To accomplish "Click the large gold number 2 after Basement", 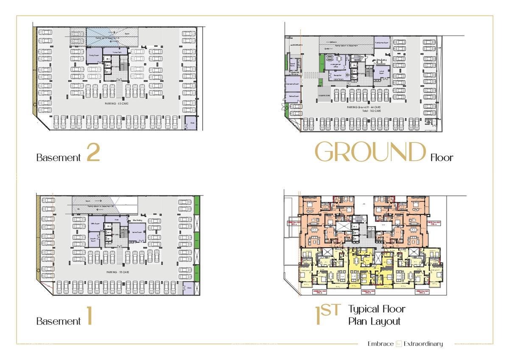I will coord(93,153).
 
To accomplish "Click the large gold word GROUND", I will coord(370,152).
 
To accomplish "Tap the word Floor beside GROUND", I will coord(442,158).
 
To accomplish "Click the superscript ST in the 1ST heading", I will coord(331,310).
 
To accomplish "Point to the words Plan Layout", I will coord(374,321).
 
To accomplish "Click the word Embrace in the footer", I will coord(380,344).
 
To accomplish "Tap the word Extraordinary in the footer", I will coord(423,344).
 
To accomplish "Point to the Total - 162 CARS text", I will coord(363,111).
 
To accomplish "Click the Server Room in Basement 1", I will coord(137,232).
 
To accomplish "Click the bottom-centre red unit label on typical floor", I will coord(367,292).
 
